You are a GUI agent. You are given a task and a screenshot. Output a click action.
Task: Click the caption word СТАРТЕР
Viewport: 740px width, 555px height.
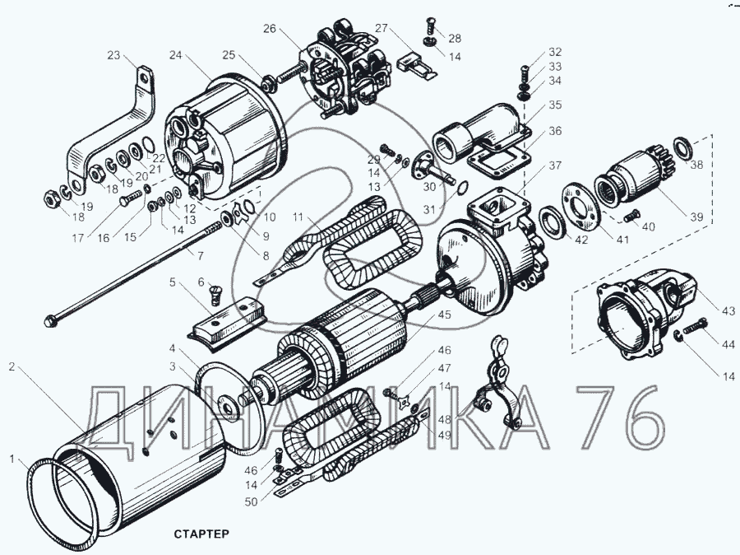click(x=201, y=534)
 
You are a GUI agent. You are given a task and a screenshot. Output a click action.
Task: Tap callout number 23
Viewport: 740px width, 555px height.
click(x=113, y=56)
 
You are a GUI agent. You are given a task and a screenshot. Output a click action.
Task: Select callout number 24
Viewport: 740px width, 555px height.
click(x=175, y=56)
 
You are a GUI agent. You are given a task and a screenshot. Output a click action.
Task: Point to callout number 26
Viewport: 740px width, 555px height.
click(x=270, y=28)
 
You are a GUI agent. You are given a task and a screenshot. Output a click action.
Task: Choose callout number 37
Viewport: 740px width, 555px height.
click(x=557, y=166)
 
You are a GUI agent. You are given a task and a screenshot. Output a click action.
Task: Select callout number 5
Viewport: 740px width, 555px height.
click(x=172, y=282)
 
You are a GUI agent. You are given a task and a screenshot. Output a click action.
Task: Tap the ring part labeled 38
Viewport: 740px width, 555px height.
click(x=682, y=150)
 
